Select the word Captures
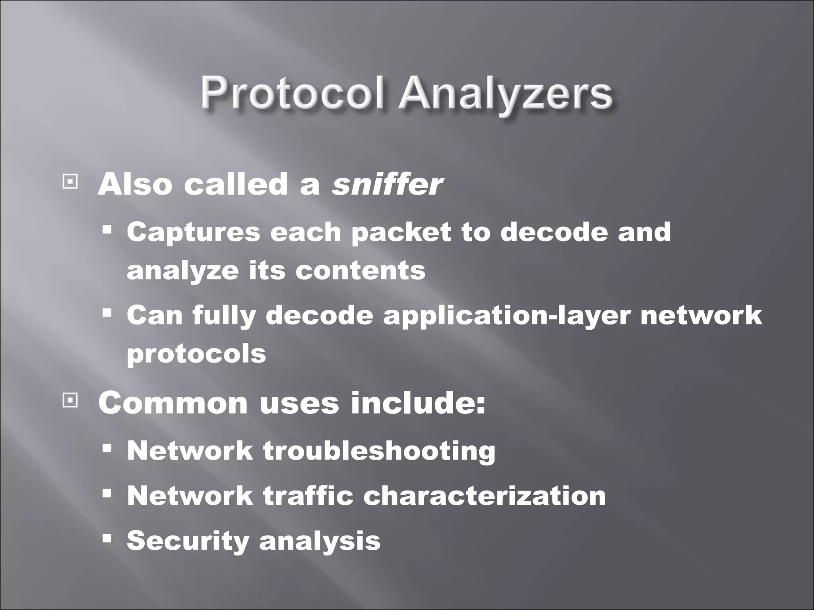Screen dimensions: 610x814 (x=194, y=232)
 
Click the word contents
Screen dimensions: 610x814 (x=360, y=270)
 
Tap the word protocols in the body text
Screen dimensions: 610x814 (x=196, y=353)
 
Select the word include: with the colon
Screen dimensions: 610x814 (x=418, y=403)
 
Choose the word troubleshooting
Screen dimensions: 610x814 (x=379, y=451)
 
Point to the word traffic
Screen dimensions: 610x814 (x=308, y=496)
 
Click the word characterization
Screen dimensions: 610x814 (x=485, y=496)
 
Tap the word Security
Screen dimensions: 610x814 (x=188, y=541)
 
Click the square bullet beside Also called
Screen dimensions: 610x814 (x=70, y=182)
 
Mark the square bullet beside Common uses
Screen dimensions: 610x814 (x=70, y=401)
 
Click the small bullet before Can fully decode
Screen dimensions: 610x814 (x=107, y=313)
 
